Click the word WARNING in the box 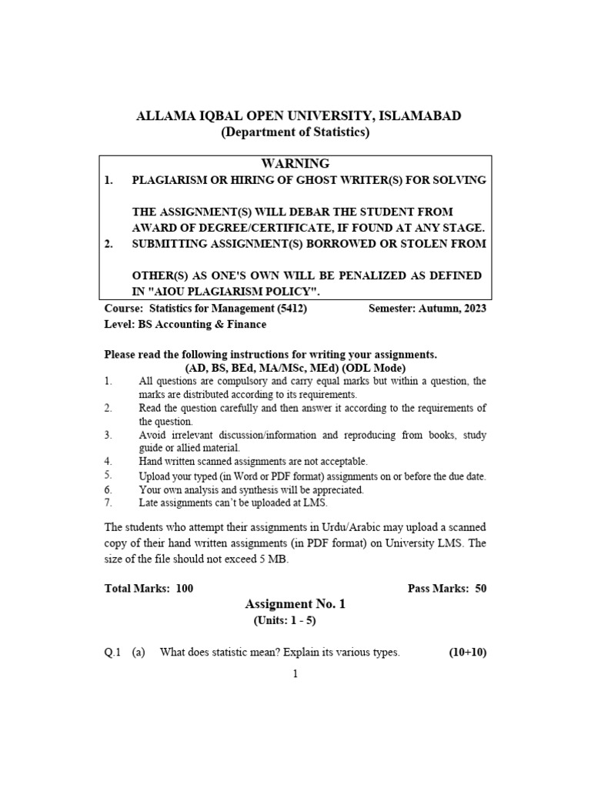tap(295, 164)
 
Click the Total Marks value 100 tap(185, 589)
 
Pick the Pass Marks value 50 tap(480, 589)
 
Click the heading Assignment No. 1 tap(295, 605)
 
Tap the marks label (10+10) tap(467, 653)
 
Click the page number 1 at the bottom tap(295, 674)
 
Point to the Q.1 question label tap(113, 653)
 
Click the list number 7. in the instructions tap(109, 503)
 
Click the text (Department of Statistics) tap(295, 132)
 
